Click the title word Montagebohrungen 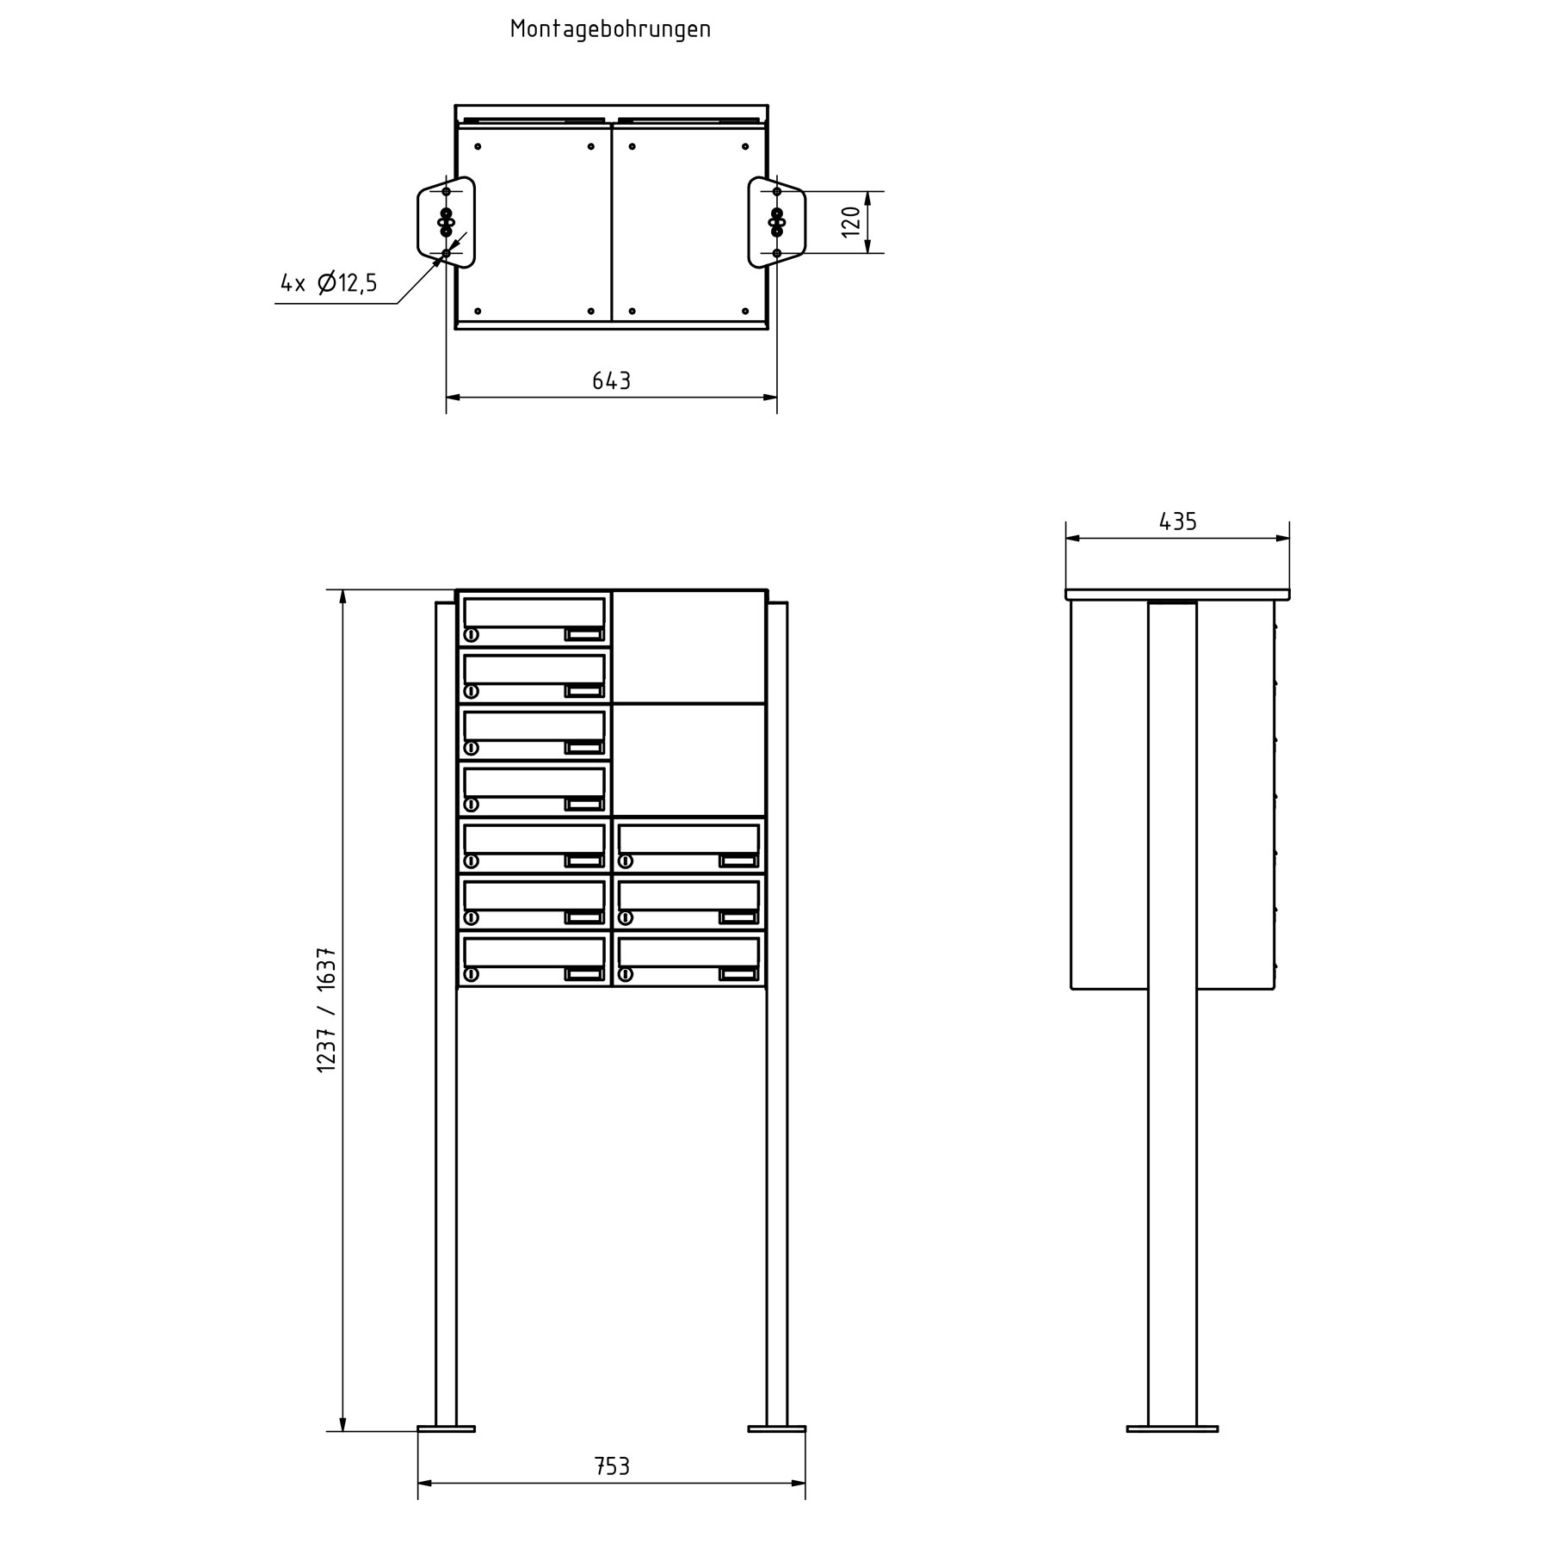[610, 29]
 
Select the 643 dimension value [611, 380]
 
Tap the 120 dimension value [851, 222]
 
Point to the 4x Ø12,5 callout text [329, 283]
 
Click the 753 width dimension [611, 1466]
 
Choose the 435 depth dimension [1177, 521]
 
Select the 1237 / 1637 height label [327, 1009]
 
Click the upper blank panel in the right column [689, 646]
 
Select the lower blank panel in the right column [689, 760]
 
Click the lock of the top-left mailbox [471, 635]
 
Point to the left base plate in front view [446, 1429]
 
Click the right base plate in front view [777, 1429]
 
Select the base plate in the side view [1172, 1429]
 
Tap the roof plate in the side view [1177, 595]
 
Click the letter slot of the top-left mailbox [534, 612]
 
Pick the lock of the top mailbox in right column [626, 861]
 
